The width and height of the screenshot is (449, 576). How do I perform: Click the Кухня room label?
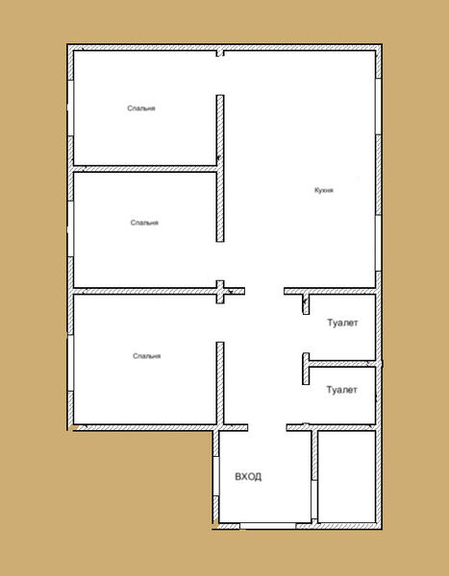[x=324, y=190]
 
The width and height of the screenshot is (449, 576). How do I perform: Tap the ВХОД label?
[x=248, y=477]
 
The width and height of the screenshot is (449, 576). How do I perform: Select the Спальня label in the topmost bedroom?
[x=141, y=108]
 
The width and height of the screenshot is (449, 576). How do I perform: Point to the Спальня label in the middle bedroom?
[x=144, y=223]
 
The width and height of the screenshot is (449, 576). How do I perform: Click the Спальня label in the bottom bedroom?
[x=146, y=356]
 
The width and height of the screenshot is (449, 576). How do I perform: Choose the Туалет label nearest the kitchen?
[x=342, y=323]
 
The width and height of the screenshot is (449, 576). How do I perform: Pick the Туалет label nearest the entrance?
[x=342, y=390]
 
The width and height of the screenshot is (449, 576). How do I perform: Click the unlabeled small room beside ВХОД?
[x=347, y=476]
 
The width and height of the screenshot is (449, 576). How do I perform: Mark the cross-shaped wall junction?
[x=220, y=292]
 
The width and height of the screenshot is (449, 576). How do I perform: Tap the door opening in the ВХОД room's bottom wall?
[x=268, y=526]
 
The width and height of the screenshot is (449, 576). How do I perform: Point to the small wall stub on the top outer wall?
[x=220, y=53]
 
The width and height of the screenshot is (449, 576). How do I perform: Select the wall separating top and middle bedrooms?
[x=144, y=169]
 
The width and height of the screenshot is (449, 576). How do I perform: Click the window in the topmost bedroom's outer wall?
[x=70, y=108]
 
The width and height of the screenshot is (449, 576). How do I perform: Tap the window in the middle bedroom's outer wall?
[x=70, y=228]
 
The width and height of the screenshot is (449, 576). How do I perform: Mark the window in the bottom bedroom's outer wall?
[x=70, y=363]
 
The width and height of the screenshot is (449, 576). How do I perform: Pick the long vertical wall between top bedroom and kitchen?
[x=220, y=168]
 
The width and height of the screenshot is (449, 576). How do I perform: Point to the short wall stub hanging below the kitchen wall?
[x=306, y=304]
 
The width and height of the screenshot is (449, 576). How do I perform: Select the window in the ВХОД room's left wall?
[x=216, y=476]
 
